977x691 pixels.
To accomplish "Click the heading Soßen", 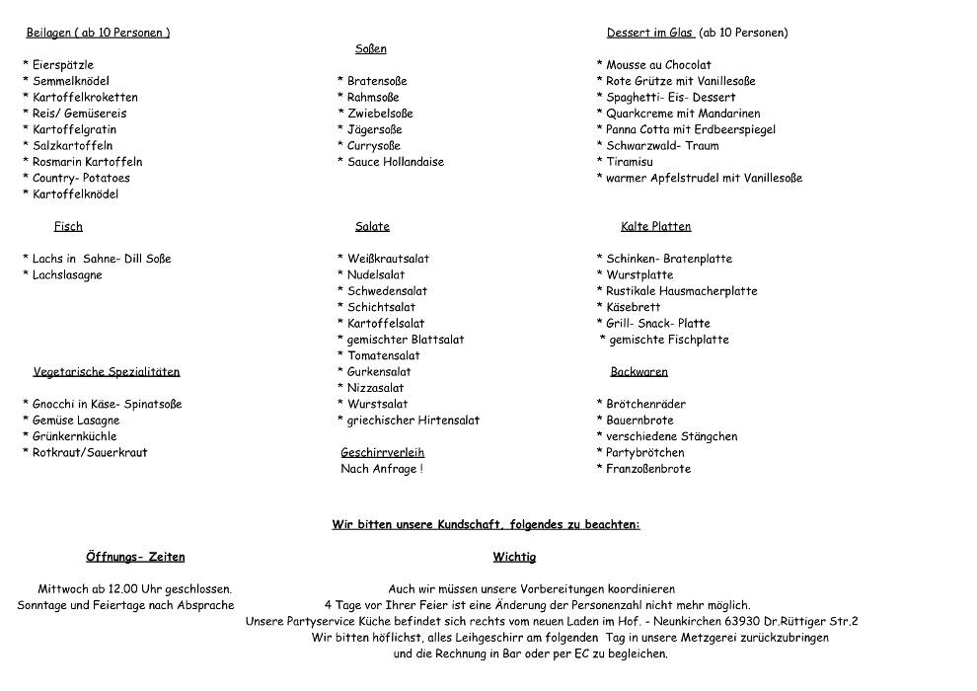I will point(371,48).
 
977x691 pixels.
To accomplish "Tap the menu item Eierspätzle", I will point(63,65).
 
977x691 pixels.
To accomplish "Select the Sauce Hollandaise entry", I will point(395,162).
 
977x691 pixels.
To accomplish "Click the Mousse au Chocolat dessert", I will point(658,65).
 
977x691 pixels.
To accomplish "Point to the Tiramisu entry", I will point(630,162).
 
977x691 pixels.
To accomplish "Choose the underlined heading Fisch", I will point(68,227).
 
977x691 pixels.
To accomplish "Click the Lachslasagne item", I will point(67,275).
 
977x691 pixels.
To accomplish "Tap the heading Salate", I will point(372,227).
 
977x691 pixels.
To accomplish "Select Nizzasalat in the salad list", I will point(375,388).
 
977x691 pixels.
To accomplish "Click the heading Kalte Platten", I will point(655,227).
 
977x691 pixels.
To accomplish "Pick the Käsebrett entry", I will point(634,307).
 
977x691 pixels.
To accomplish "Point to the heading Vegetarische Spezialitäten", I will point(107,372).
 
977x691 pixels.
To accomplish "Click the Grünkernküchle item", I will point(74,436).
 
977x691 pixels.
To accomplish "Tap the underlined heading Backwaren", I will point(639,372).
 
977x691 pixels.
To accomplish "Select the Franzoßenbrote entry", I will point(648,469).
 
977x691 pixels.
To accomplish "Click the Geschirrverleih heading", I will point(382,453).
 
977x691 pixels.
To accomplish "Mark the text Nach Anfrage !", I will point(381,469).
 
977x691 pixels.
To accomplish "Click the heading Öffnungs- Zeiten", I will point(135,558).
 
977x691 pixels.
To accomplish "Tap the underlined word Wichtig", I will point(514,558).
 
